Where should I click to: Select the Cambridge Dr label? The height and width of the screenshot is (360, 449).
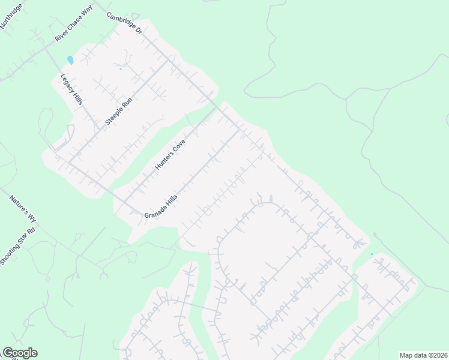[125, 23]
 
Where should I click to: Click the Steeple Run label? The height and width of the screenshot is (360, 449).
[118, 111]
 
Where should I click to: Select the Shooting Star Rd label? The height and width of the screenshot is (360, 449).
[18, 245]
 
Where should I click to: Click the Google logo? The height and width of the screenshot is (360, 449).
[20, 353]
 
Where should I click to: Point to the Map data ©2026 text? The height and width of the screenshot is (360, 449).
[423, 355]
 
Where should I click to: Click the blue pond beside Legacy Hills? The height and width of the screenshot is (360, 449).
[71, 60]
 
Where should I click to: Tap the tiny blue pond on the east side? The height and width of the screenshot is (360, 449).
[372, 254]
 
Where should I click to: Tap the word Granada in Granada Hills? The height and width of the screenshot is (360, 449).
[154, 212]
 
